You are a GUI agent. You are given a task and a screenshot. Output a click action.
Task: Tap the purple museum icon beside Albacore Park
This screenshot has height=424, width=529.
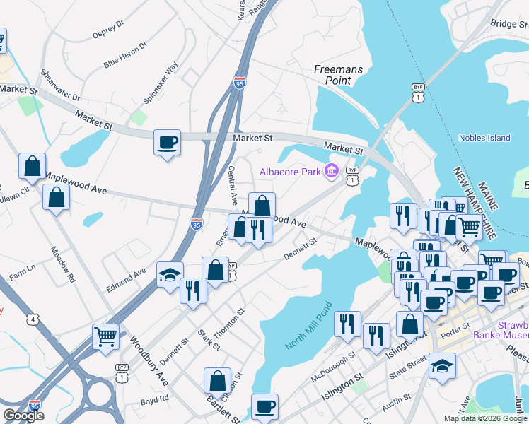331,171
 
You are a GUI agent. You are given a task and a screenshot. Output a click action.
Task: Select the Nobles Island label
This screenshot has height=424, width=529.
484,138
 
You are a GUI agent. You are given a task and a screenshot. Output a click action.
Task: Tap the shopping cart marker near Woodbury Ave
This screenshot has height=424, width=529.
105,337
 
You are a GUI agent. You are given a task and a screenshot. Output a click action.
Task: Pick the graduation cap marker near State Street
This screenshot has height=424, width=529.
442,366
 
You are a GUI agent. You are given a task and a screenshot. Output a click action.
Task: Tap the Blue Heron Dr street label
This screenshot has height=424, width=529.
125,54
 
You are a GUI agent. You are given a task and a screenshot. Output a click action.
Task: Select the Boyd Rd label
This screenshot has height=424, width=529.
154,401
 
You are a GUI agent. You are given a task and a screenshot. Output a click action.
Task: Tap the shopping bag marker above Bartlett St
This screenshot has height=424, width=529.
218,380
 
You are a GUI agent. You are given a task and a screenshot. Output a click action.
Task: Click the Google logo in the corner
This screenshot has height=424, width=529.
23,416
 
